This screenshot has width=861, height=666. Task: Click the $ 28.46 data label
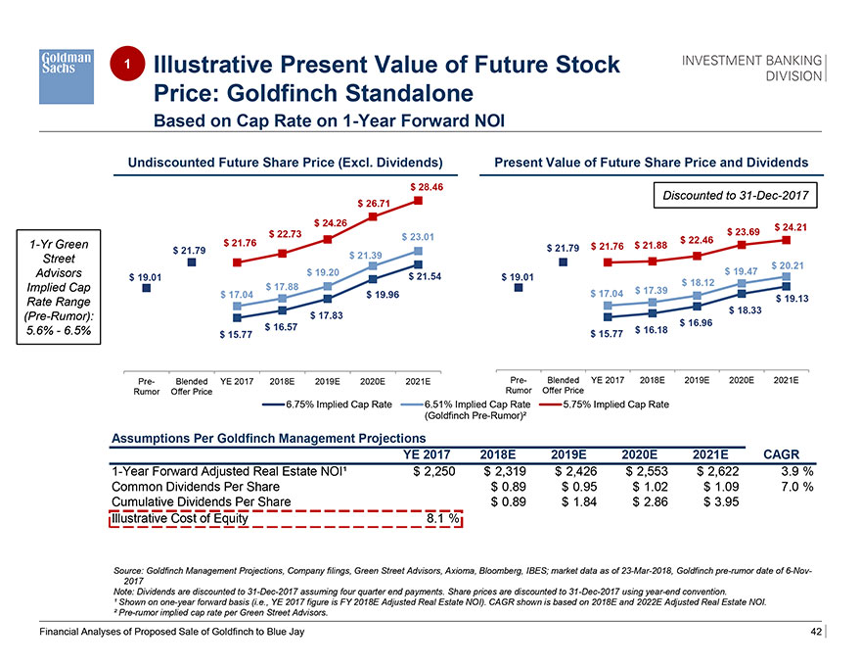pyautogui.click(x=427, y=186)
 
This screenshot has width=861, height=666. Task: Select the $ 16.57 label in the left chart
pyautogui.click(x=280, y=326)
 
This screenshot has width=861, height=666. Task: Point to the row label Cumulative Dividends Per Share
pyautogui.click(x=202, y=501)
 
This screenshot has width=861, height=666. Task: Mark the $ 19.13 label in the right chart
pyautogui.click(x=792, y=299)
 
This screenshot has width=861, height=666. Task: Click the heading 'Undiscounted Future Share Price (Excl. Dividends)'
pyautogui.click(x=280, y=162)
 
